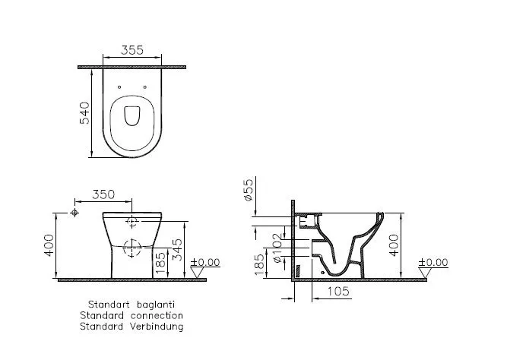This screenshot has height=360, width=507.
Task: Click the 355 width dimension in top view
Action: pyautogui.click(x=132, y=52)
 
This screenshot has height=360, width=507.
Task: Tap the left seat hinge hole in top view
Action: pyautogui.click(x=121, y=87)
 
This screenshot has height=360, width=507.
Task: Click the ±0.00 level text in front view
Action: pyautogui.click(x=205, y=262)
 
